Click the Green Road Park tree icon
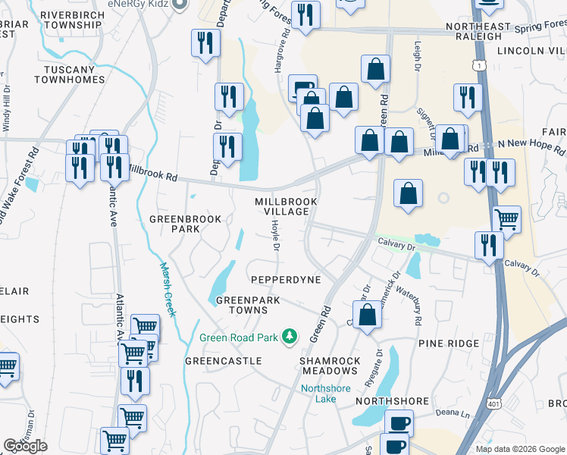(288, 335)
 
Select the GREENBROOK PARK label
(185, 224)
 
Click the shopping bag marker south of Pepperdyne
(368, 315)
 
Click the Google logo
(25, 446)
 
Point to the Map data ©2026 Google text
(519, 449)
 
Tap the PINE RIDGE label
(449, 344)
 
